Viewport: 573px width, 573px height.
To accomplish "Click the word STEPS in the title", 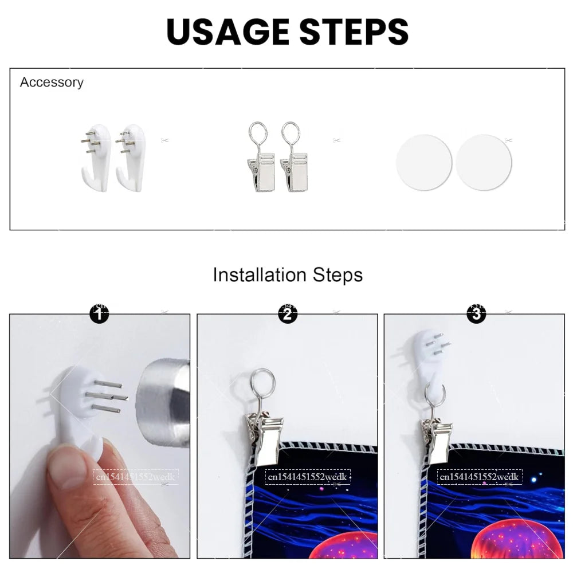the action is coord(354,32).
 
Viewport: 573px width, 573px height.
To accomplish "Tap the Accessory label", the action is coord(52,83).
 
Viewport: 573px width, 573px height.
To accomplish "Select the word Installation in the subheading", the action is coord(260,275).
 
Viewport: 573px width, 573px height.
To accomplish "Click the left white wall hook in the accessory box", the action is coord(96,157).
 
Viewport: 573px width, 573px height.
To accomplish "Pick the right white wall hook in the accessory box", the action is coord(131,157).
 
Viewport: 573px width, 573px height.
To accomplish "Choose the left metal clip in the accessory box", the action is coord(260,157).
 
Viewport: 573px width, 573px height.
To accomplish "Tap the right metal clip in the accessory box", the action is coord(293,157).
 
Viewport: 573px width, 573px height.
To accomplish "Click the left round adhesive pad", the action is coord(424,162).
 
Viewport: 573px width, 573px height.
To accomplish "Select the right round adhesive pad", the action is coord(484,162).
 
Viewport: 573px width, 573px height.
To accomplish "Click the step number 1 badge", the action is coord(99,313).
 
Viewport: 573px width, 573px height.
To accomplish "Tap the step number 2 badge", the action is coord(288,313).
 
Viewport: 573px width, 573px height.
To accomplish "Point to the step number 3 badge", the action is coord(477,313).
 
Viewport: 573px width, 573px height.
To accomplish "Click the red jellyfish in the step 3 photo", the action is coord(519,540).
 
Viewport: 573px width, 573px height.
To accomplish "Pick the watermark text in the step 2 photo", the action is coord(307,477).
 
